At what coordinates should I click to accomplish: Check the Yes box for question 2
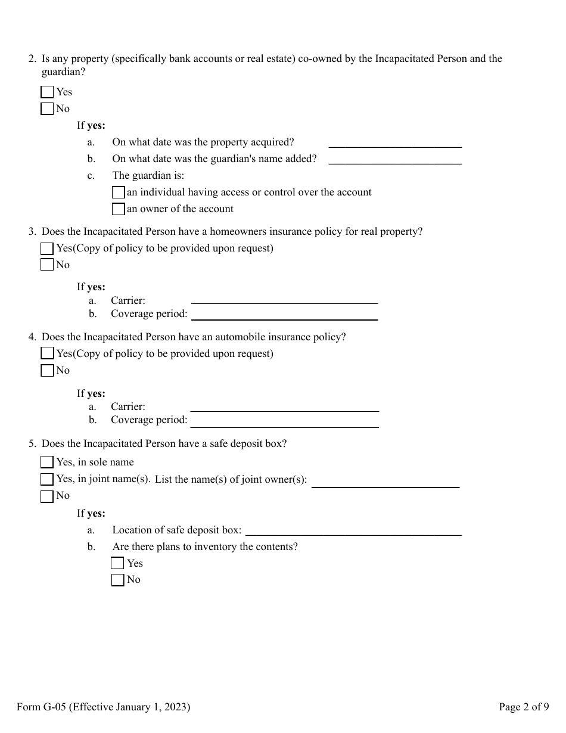[47, 92]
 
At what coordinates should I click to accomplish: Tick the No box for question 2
[47, 108]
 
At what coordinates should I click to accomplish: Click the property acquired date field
[395, 142]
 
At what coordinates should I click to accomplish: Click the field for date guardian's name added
[395, 159]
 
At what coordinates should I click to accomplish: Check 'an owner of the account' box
[118, 209]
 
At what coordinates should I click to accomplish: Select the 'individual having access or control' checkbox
[118, 192]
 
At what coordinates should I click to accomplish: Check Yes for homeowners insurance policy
[47, 249]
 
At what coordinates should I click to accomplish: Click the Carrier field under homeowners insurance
[284, 300]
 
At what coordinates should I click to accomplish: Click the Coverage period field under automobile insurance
[284, 422]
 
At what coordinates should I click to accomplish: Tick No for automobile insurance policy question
[47, 371]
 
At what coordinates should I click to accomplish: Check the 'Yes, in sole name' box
[47, 462]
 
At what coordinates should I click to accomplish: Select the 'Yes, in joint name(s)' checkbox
[47, 479]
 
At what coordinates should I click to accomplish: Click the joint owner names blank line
[385, 483]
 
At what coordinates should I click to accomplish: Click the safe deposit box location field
[354, 531]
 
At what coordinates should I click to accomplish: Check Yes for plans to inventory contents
[117, 563]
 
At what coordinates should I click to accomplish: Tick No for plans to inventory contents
[117, 580]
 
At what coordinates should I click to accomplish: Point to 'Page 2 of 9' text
[524, 707]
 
